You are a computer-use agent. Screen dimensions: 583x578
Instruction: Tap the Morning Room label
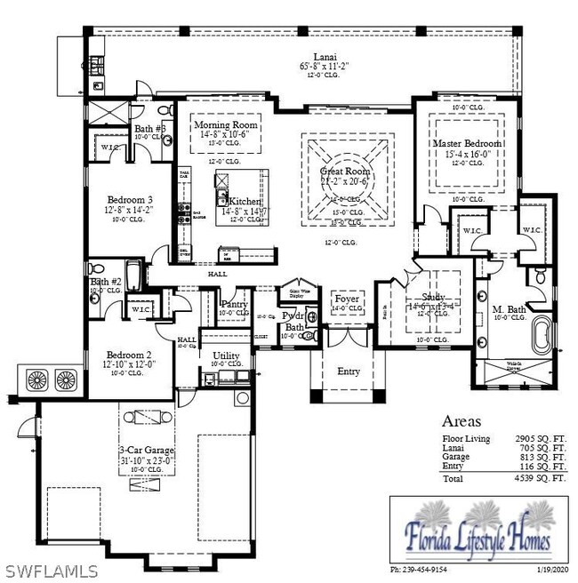point(226,125)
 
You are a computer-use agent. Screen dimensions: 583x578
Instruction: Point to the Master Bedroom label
point(467,143)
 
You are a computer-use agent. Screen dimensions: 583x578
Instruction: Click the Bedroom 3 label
point(130,199)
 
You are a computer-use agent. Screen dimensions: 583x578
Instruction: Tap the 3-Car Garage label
point(146,451)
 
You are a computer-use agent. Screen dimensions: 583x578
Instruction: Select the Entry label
point(349,371)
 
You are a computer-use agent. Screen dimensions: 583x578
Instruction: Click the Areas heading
point(462,421)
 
